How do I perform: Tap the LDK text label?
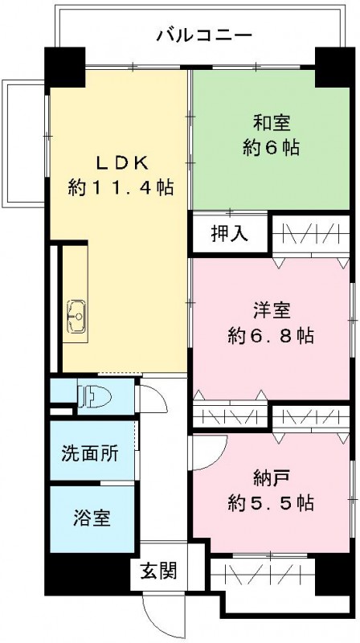(121, 162)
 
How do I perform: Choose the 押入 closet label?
(228, 233)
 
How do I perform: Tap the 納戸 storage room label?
(269, 479)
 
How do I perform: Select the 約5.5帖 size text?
(269, 504)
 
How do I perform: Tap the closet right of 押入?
(310, 233)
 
